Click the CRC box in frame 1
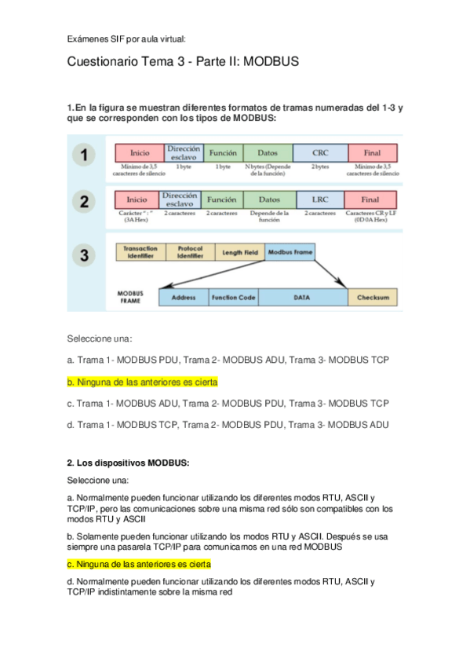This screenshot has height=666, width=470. pyautogui.click(x=320, y=152)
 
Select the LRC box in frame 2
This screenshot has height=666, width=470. pyautogui.click(x=320, y=199)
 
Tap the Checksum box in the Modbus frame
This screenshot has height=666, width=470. pyautogui.click(x=373, y=298)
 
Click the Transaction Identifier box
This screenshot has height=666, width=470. pyautogui.click(x=140, y=252)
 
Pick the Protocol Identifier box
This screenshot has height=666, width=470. pyautogui.click(x=190, y=252)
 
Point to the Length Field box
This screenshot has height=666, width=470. pyautogui.click(x=239, y=252)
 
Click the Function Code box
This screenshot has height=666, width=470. pyautogui.click(x=233, y=298)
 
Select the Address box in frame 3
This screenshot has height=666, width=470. pyautogui.click(x=183, y=298)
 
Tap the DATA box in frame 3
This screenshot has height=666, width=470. pyautogui.click(x=303, y=298)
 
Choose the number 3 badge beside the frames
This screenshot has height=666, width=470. pyautogui.click(x=83, y=254)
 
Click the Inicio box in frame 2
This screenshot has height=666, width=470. pyautogui.click(x=137, y=199)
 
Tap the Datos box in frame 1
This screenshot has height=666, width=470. pyautogui.click(x=267, y=152)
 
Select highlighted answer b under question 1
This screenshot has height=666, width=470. pyautogui.click(x=142, y=382)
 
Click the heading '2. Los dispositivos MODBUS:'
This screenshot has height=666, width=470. pyautogui.click(x=127, y=463)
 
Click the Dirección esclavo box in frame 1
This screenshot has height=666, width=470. pyautogui.click(x=183, y=152)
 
